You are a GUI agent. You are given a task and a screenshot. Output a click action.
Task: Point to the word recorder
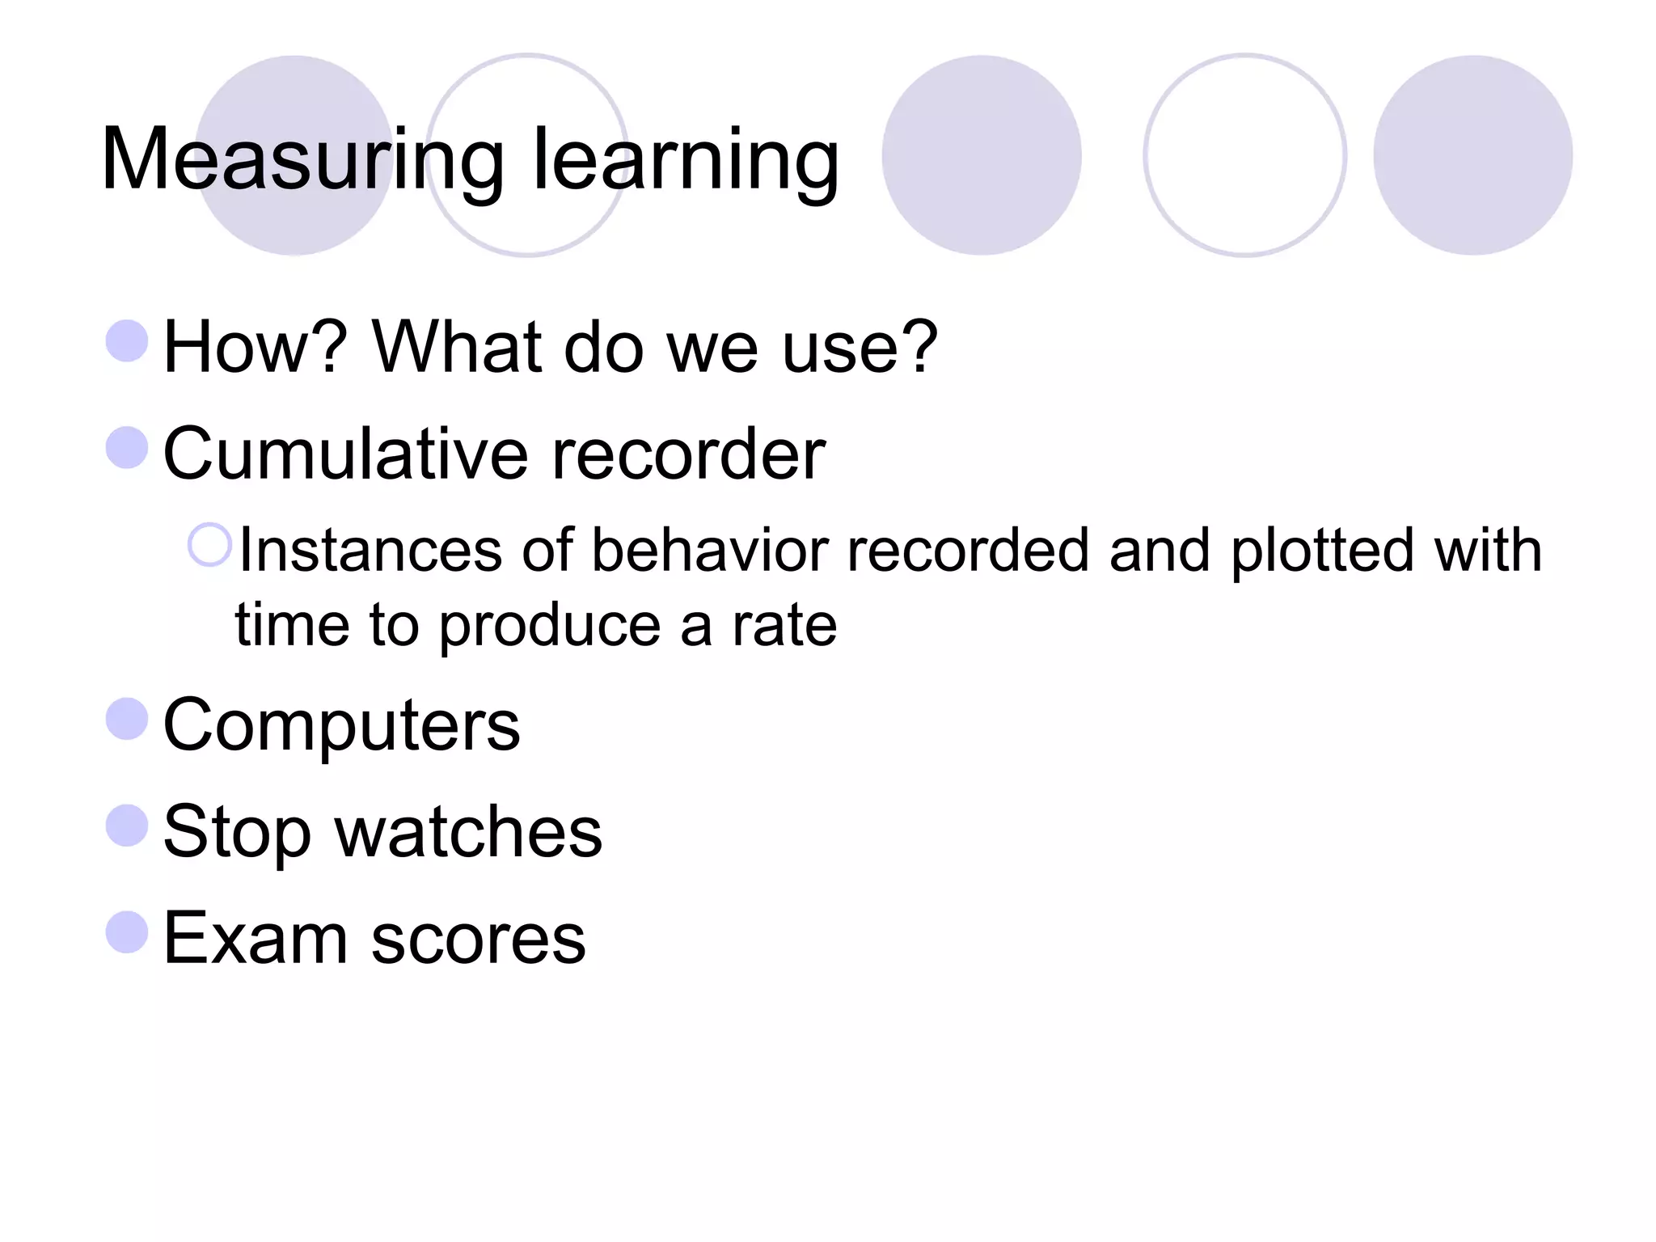pyautogui.click(x=688, y=454)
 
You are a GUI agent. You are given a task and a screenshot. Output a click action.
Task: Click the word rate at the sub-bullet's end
pyautogui.click(x=784, y=625)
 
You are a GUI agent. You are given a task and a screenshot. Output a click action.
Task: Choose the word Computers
pyautogui.click(x=341, y=725)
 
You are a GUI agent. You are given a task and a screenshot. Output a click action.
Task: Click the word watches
pyautogui.click(x=469, y=832)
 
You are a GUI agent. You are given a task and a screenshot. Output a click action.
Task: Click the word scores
pyautogui.click(x=478, y=939)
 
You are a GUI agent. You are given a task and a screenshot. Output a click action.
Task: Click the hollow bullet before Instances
pyautogui.click(x=210, y=545)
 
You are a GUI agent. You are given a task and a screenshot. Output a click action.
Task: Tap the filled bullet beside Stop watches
pyautogui.click(x=127, y=826)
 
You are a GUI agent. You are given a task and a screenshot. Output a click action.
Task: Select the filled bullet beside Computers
pyautogui.click(x=127, y=719)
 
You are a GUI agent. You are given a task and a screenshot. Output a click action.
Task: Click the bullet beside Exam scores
pyautogui.click(x=127, y=932)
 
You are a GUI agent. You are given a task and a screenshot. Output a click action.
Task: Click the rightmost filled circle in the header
pyautogui.click(x=1472, y=155)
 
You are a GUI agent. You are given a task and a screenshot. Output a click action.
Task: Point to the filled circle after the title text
pyautogui.click(x=981, y=155)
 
